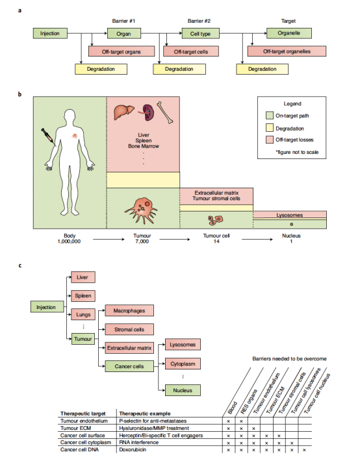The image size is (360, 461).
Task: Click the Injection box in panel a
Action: pos(50,33)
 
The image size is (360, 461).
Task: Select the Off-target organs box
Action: pos(122,51)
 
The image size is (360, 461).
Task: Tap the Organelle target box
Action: pos(289,33)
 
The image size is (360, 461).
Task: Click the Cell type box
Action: pos(200,34)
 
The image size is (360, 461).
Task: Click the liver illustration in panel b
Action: pos(123,112)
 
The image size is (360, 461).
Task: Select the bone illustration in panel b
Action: pos(165,112)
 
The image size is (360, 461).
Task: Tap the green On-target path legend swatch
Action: pos(269,116)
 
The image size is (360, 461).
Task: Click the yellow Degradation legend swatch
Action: pos(269,128)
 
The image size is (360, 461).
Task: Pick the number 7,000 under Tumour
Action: pos(142,242)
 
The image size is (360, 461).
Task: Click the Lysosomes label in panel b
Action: pos(289,215)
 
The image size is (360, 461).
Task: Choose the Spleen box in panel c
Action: pos(83,296)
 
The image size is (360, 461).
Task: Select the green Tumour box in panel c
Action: pos(83,339)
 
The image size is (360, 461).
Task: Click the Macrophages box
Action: pos(129,310)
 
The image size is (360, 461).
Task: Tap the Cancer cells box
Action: pos(129,366)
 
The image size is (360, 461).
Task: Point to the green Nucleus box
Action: pos(183,390)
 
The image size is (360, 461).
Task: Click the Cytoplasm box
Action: pos(183,364)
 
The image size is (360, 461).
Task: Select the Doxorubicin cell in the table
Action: pos(133,449)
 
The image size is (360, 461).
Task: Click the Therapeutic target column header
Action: pos(83,414)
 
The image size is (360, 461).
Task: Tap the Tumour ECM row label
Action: pos(75,428)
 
